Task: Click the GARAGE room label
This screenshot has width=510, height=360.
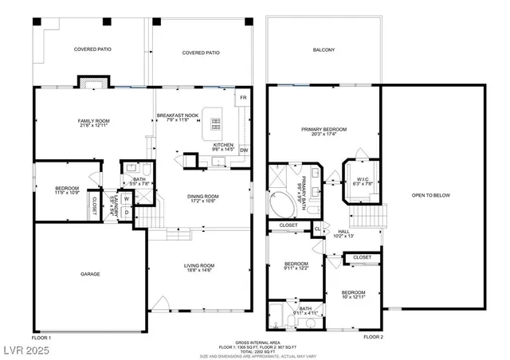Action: pos(89,273)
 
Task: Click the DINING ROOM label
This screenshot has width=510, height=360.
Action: pos(202,198)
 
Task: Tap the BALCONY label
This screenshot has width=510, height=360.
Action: pos(324,50)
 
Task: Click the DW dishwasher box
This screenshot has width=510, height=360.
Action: pos(244,150)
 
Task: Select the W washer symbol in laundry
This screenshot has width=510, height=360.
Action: pos(126,199)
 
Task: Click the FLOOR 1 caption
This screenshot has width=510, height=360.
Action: pos(41,338)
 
